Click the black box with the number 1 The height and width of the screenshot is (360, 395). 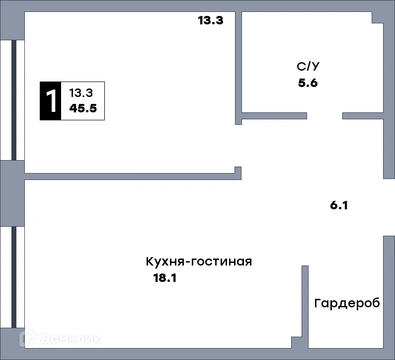click(50, 101)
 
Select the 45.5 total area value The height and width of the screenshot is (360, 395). click(82, 109)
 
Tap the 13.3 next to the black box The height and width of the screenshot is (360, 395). click(80, 92)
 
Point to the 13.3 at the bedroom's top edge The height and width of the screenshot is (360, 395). click(211, 20)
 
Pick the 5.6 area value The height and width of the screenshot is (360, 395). click(308, 83)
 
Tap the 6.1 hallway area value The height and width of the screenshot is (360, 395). click(339, 205)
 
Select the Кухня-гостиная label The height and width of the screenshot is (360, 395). click(199, 262)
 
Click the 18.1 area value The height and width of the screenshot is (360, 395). click(165, 278)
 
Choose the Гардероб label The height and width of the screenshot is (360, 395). click(347, 303)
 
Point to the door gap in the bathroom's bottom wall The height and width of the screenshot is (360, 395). click(324, 116)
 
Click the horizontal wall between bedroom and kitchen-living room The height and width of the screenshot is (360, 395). click(129, 176)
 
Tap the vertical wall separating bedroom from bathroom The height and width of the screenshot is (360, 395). click(238, 65)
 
